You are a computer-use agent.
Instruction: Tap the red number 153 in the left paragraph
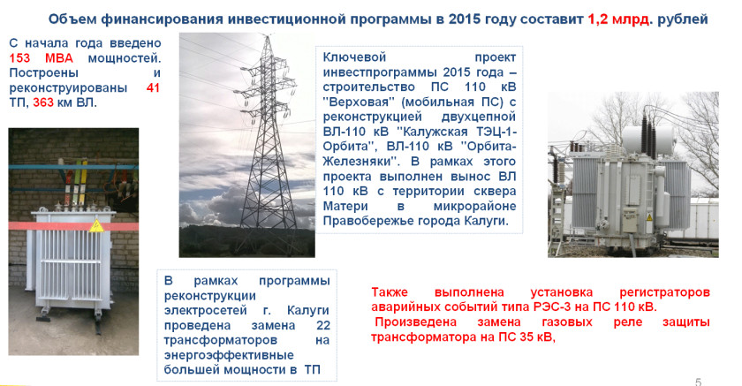(x=19, y=58)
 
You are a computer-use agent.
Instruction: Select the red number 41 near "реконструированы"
(x=154, y=88)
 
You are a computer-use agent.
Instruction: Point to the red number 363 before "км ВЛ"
(x=43, y=102)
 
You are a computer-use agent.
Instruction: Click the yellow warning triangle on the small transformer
(x=96, y=225)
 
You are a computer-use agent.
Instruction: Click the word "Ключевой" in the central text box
(x=354, y=57)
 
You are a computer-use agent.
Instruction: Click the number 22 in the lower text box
(x=323, y=325)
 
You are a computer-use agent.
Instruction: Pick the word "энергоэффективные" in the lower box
(x=229, y=355)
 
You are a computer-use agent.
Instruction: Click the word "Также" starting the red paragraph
(x=390, y=292)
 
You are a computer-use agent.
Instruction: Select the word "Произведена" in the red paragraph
(x=416, y=322)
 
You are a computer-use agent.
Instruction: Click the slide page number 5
(x=698, y=382)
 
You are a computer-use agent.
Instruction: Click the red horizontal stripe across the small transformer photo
(x=73, y=226)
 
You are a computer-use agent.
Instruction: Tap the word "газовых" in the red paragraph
(x=567, y=322)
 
